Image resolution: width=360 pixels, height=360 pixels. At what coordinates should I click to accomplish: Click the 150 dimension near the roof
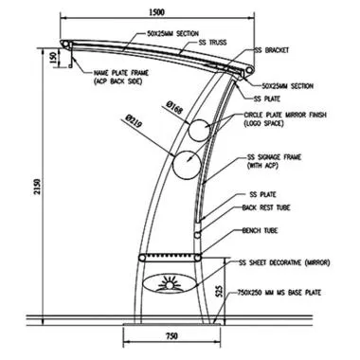pos(54,58)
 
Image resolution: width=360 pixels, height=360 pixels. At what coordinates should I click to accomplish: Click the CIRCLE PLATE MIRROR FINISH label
pos(283,117)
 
